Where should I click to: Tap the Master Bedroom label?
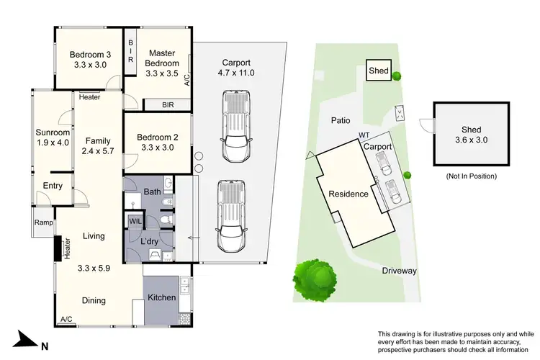click(163, 58)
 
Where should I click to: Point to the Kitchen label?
click(163, 297)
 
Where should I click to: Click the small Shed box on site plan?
click(378, 71)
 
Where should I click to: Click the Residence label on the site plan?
click(348, 194)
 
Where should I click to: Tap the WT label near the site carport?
click(364, 135)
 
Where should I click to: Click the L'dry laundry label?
click(149, 240)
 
